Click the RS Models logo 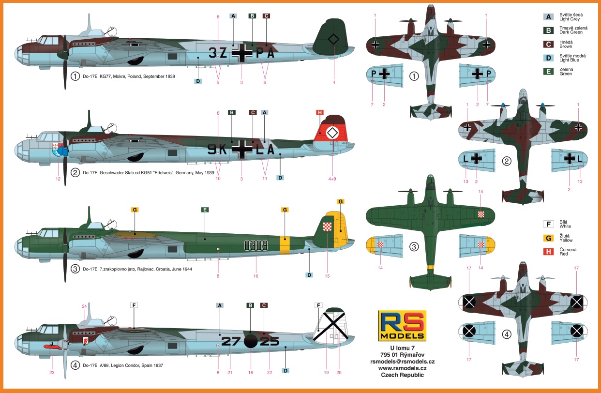point(402,326)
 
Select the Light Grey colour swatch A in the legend point(548,17)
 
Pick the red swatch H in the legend point(548,252)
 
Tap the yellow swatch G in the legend point(548,238)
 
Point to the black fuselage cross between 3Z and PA point(242,53)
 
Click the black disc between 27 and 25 point(251,341)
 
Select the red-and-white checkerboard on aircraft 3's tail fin point(327,227)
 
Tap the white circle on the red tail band point(332,133)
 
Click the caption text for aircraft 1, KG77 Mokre point(129,76)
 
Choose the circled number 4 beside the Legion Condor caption point(75,365)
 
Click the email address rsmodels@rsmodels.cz point(402,362)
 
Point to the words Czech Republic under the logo point(402,375)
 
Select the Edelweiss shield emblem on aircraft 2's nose point(56,150)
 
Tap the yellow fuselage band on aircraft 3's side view point(285,245)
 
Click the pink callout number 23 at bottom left point(52,373)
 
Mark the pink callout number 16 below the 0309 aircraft point(255,276)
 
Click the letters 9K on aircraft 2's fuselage point(217,150)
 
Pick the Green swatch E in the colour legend point(548,72)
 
